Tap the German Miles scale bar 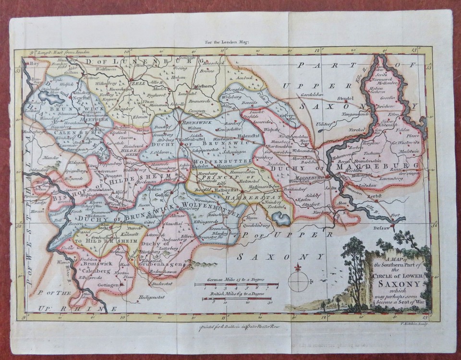click(x=237, y=285)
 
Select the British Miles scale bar click(x=230, y=299)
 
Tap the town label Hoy click(x=33, y=62)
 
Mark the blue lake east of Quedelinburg click(x=280, y=219)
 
